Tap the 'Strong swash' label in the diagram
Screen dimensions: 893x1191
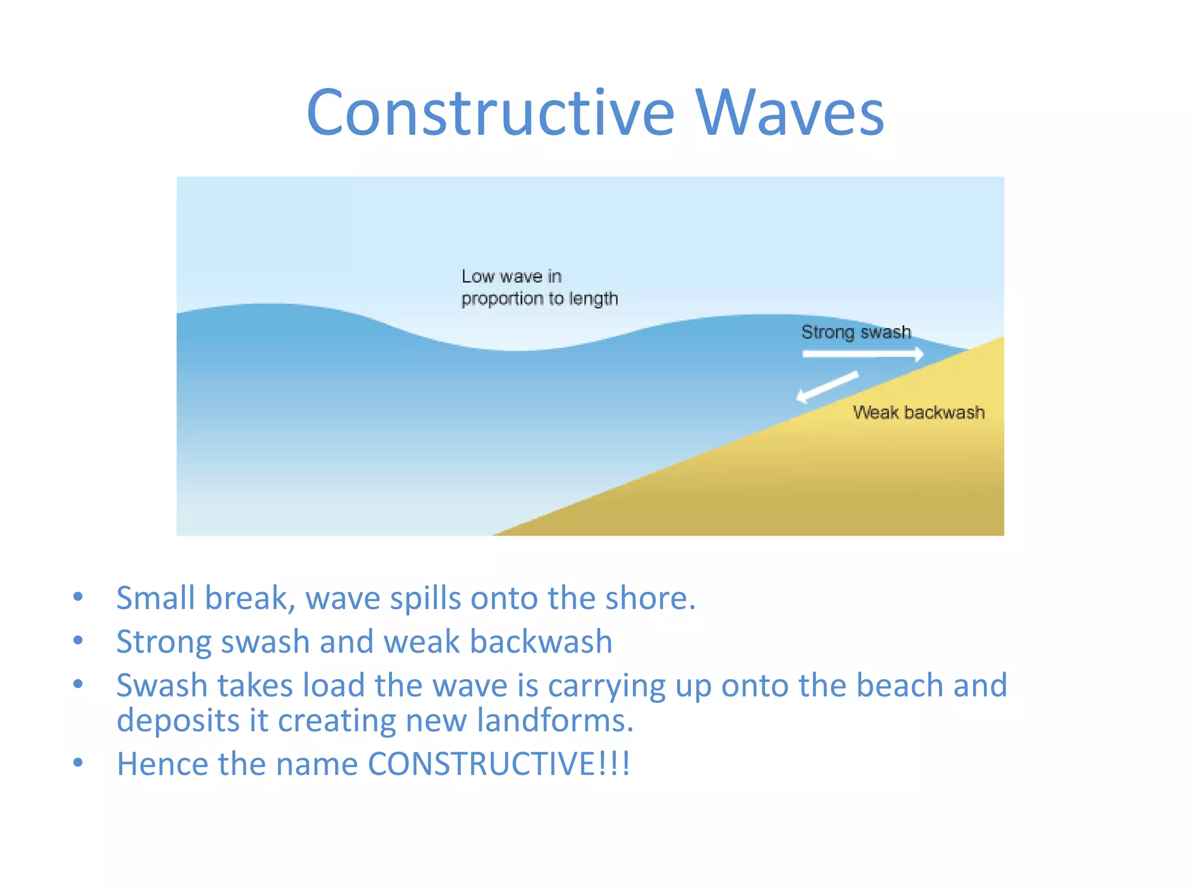click(855, 332)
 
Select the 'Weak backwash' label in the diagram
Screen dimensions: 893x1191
click(919, 412)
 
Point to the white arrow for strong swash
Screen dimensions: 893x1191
click(862, 353)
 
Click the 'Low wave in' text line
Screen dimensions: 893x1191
click(511, 276)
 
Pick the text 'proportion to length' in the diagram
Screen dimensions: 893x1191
click(539, 299)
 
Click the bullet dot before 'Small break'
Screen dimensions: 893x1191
click(78, 596)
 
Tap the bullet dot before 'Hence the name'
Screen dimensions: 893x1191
click(78, 762)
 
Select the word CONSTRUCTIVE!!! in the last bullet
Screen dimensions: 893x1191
click(499, 763)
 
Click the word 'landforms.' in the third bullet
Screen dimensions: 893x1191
click(555, 720)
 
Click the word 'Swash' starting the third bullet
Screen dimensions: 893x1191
click(162, 685)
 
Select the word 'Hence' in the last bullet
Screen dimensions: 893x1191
click(162, 763)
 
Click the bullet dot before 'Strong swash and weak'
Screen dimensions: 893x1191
click(78, 640)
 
